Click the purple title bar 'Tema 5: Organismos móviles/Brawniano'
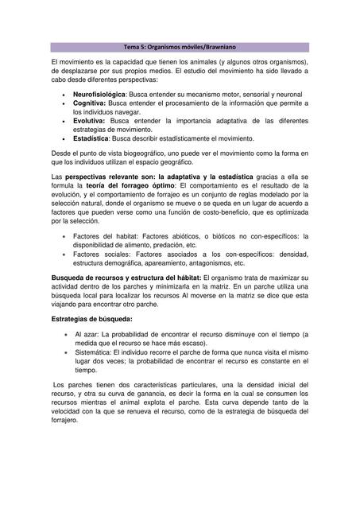coord(180,48)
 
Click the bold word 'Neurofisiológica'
coord(99,95)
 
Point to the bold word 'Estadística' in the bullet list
coord(93,138)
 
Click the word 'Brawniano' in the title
coord(209,48)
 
